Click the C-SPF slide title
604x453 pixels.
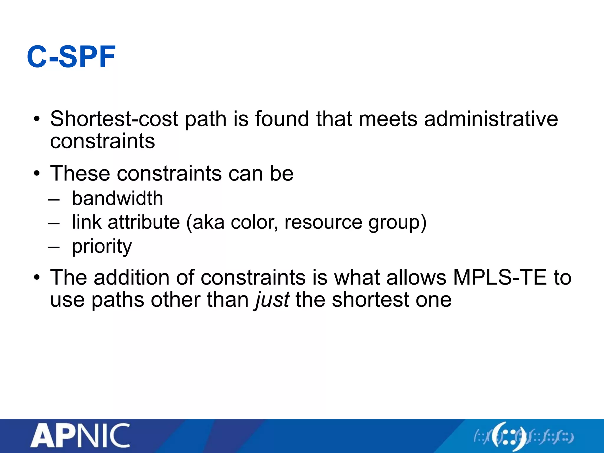tap(71, 57)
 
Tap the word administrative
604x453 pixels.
tap(491, 119)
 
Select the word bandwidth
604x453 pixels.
tap(117, 198)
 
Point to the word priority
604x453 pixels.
tap(102, 247)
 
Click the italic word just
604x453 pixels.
tap(272, 300)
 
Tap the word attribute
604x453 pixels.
tap(144, 222)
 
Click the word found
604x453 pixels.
tap(282, 119)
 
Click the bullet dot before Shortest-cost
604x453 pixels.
tap(37, 119)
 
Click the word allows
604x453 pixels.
tap(416, 278)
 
